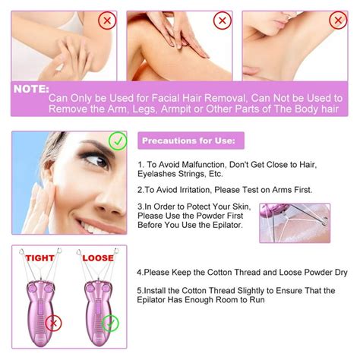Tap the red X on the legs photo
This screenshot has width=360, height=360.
tap(223, 21)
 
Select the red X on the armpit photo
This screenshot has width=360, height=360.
tap(337, 21)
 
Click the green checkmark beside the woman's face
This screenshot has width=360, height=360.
tap(118, 141)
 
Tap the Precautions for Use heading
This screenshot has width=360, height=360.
tap(192, 141)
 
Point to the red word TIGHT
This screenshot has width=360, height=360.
tap(39, 257)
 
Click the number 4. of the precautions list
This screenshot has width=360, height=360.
tap(141, 272)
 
